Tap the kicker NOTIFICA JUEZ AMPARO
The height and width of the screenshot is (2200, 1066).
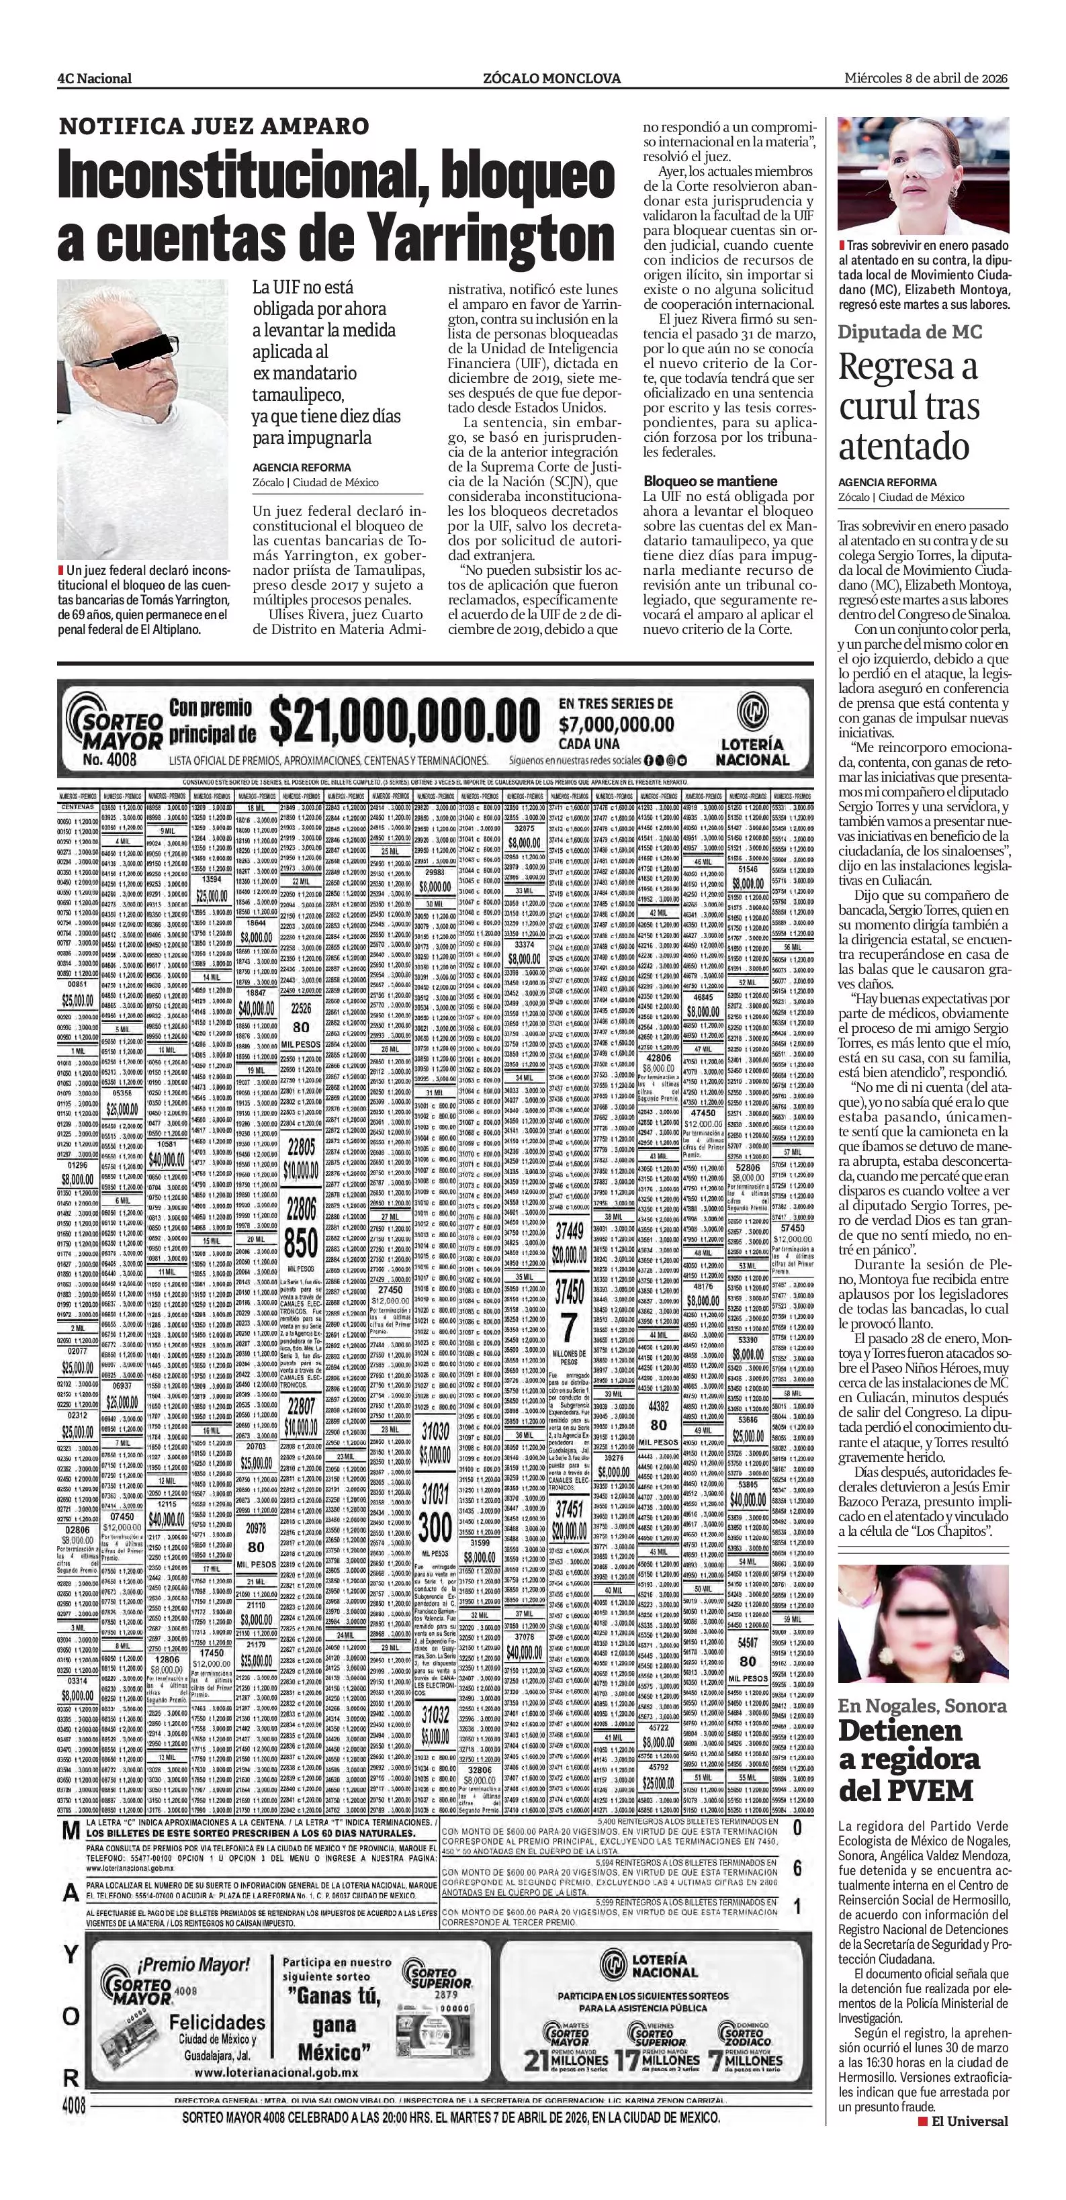[x=214, y=126]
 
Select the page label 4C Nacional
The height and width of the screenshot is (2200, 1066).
[x=94, y=79]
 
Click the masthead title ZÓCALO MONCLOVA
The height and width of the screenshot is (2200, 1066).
[x=551, y=79]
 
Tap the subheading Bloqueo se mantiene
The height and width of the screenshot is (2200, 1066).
[x=710, y=481]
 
